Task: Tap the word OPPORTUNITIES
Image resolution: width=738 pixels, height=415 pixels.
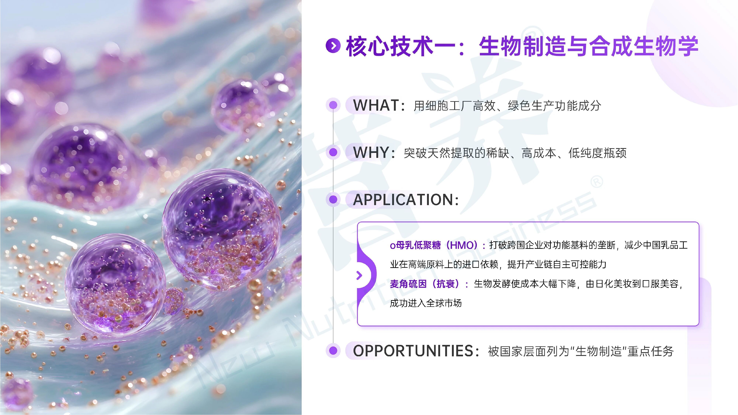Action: pos(413,351)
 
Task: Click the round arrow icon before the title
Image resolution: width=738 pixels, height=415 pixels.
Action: pos(333,46)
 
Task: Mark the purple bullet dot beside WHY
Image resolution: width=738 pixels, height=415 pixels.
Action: pos(333,152)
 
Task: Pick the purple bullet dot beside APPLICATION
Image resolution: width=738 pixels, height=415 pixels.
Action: pos(333,199)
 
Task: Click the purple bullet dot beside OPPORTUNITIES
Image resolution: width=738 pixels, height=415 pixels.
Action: pos(333,351)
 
